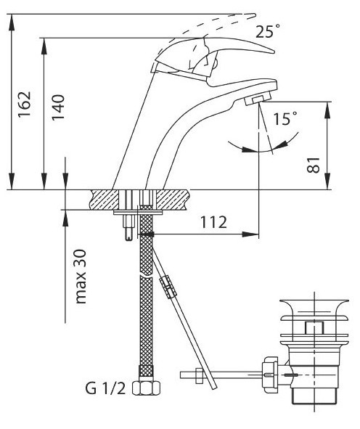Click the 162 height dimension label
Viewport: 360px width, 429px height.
coord(25,104)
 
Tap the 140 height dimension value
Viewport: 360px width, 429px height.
coord(58,107)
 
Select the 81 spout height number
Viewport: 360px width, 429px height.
coord(314,165)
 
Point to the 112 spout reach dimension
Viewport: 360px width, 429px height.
coord(213,222)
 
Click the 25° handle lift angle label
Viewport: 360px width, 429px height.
coord(268,31)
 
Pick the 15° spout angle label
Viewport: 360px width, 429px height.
coord(285,118)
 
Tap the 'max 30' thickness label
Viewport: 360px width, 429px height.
coord(81,277)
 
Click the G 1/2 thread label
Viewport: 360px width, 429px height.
coord(105,388)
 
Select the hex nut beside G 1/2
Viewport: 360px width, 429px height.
coord(147,388)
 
